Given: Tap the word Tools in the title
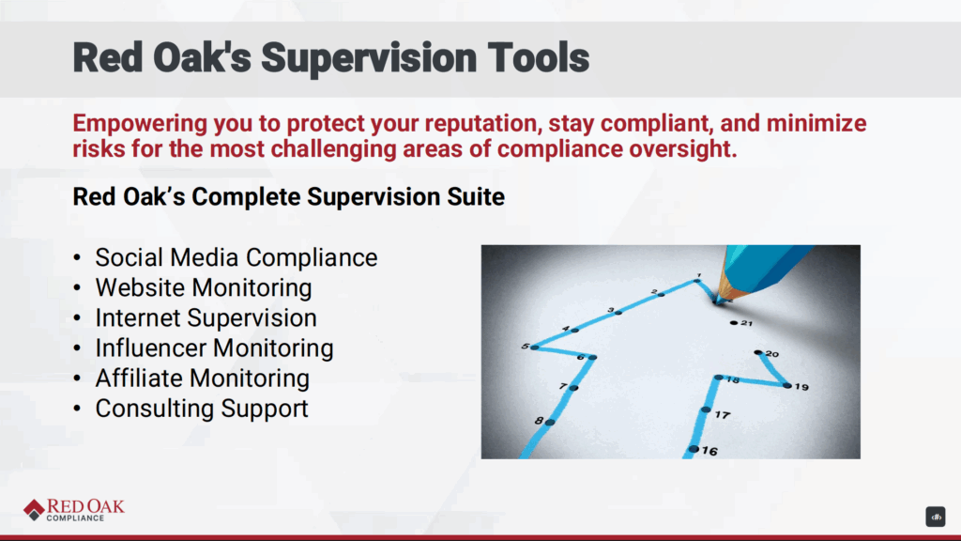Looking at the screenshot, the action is (x=538, y=57).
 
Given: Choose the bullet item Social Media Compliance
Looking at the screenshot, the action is (x=236, y=257).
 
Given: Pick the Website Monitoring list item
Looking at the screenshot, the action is (x=204, y=287).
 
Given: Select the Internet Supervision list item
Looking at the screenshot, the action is (x=206, y=317).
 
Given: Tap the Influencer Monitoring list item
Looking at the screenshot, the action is (x=215, y=348).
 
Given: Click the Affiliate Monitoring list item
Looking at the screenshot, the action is (x=203, y=378).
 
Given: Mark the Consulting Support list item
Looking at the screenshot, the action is (x=202, y=409).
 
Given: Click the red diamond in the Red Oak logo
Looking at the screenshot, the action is (x=35, y=510).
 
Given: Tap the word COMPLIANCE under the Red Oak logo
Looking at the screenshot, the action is (x=75, y=518).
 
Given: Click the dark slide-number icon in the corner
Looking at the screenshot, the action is (x=936, y=518).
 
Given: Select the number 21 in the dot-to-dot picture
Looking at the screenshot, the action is (x=746, y=323).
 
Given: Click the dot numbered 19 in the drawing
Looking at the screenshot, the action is (x=787, y=385).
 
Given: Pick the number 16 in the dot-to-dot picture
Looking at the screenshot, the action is (x=709, y=452).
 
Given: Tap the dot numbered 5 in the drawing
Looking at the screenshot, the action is (x=535, y=348).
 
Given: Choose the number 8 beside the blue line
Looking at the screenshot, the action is (x=539, y=421).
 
